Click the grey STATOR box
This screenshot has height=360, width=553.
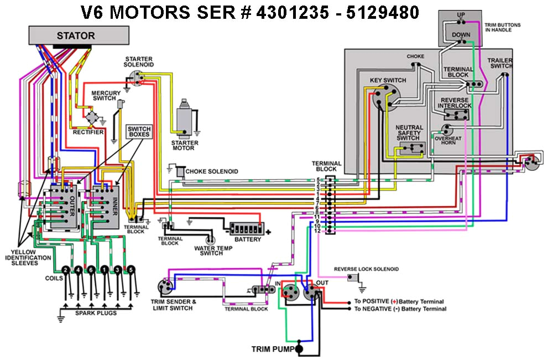tap(76, 36)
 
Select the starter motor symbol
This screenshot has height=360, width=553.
tap(186, 119)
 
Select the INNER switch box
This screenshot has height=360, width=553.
tap(105, 204)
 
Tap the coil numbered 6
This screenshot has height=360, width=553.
tap(92, 270)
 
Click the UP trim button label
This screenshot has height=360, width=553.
tap(461, 14)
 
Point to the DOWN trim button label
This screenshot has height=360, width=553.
tap(461, 34)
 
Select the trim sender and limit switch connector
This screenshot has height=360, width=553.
tap(165, 286)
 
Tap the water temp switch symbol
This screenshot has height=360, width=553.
tap(210, 240)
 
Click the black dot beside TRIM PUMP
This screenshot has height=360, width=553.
tap(299, 349)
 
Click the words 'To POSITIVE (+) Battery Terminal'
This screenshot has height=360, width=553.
tap(399, 302)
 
